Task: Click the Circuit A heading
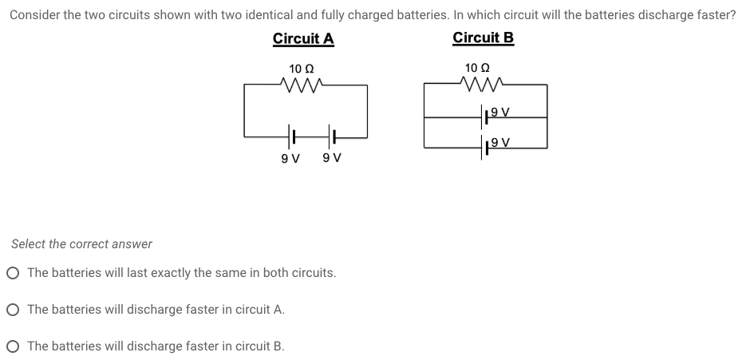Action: [303, 38]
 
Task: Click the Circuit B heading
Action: [483, 38]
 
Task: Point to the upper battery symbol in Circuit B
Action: [486, 117]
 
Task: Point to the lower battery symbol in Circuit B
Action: [486, 148]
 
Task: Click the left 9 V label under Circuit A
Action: [290, 158]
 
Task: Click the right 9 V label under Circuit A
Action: [332, 158]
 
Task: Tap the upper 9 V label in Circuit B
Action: [501, 113]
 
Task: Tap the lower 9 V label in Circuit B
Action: [501, 143]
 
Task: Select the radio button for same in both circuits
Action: [13, 273]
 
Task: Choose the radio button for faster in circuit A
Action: [13, 310]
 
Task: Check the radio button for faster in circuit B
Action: [13, 346]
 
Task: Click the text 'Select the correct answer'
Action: [81, 243]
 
